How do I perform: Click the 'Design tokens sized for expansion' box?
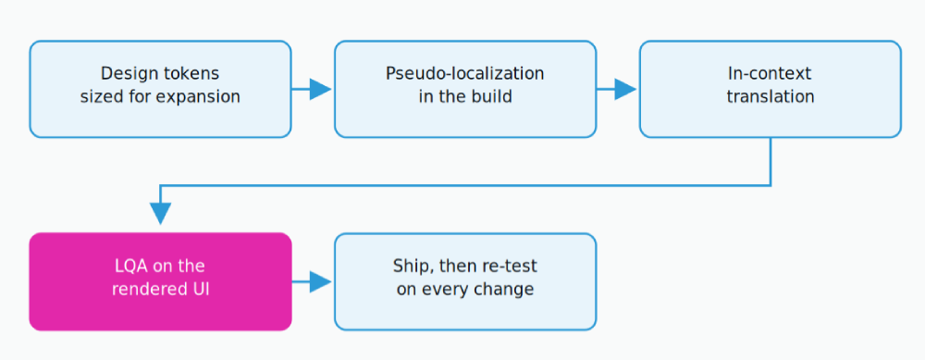pyautogui.click(x=160, y=89)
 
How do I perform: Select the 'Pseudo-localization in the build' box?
pyautogui.click(x=465, y=89)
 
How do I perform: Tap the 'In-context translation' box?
pyautogui.click(x=771, y=89)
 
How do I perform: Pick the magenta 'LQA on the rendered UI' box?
pyautogui.click(x=160, y=281)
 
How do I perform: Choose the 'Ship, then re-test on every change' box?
pyautogui.click(x=465, y=281)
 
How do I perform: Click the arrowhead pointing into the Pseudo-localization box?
pyautogui.click(x=321, y=89)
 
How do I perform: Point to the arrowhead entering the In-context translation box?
pyautogui.click(x=626, y=89)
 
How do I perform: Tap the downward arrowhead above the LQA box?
pyautogui.click(x=160, y=214)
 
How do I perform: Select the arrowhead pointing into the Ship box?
pyautogui.click(x=321, y=281)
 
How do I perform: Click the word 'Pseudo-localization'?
pyautogui.click(x=465, y=74)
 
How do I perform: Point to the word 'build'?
pyautogui.click(x=493, y=95)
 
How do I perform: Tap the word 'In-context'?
pyautogui.click(x=771, y=74)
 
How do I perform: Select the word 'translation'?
pyautogui.click(x=771, y=95)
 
